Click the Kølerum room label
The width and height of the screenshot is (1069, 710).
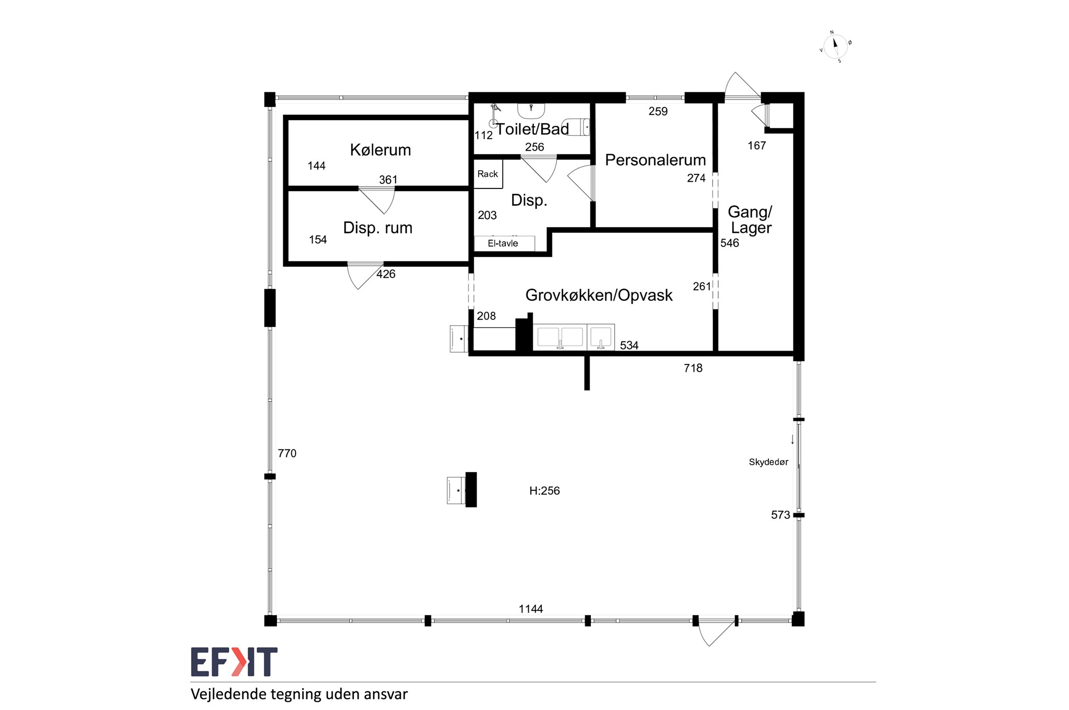pyautogui.click(x=380, y=150)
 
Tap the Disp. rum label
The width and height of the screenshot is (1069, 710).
pyautogui.click(x=377, y=228)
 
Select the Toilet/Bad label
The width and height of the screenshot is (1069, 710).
pyautogui.click(x=532, y=129)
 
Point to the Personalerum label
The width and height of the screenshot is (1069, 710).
pyautogui.click(x=655, y=160)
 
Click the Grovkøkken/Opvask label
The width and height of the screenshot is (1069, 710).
pyautogui.click(x=599, y=295)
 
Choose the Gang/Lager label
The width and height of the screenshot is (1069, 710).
pyautogui.click(x=750, y=220)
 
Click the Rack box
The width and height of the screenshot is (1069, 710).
pyautogui.click(x=488, y=174)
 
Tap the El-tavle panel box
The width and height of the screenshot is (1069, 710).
pyautogui.click(x=504, y=243)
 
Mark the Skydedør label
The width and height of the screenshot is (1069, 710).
pyautogui.click(x=768, y=462)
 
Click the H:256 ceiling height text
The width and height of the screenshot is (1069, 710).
pyautogui.click(x=544, y=491)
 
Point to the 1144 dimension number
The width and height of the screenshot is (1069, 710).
pyautogui.click(x=531, y=609)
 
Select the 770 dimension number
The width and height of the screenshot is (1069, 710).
pyautogui.click(x=287, y=453)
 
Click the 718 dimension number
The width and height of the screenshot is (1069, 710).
pyautogui.click(x=693, y=368)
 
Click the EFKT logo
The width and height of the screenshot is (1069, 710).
pyautogui.click(x=234, y=661)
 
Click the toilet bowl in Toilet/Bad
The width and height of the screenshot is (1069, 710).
pyautogui.click(x=577, y=127)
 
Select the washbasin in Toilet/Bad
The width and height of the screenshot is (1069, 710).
pyautogui.click(x=531, y=110)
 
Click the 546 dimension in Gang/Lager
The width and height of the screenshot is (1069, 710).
pyautogui.click(x=730, y=243)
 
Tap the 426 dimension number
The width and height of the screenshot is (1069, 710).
pyautogui.click(x=386, y=274)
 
